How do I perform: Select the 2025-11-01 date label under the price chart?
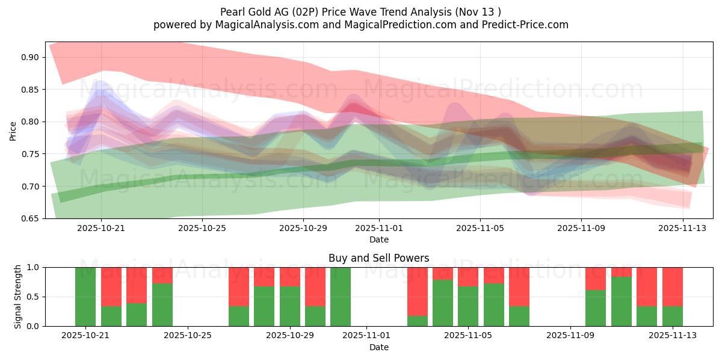(x=379, y=228)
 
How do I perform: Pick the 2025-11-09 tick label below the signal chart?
(x=569, y=336)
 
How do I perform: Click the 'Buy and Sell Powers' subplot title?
(x=378, y=258)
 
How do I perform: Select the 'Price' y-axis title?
(x=13, y=131)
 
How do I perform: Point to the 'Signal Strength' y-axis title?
(x=18, y=297)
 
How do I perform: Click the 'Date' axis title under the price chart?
(x=378, y=239)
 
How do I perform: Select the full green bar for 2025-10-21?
(x=85, y=297)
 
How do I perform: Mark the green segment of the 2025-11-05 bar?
(x=468, y=306)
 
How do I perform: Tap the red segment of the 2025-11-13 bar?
(x=673, y=286)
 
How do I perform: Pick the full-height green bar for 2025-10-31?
(x=341, y=297)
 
